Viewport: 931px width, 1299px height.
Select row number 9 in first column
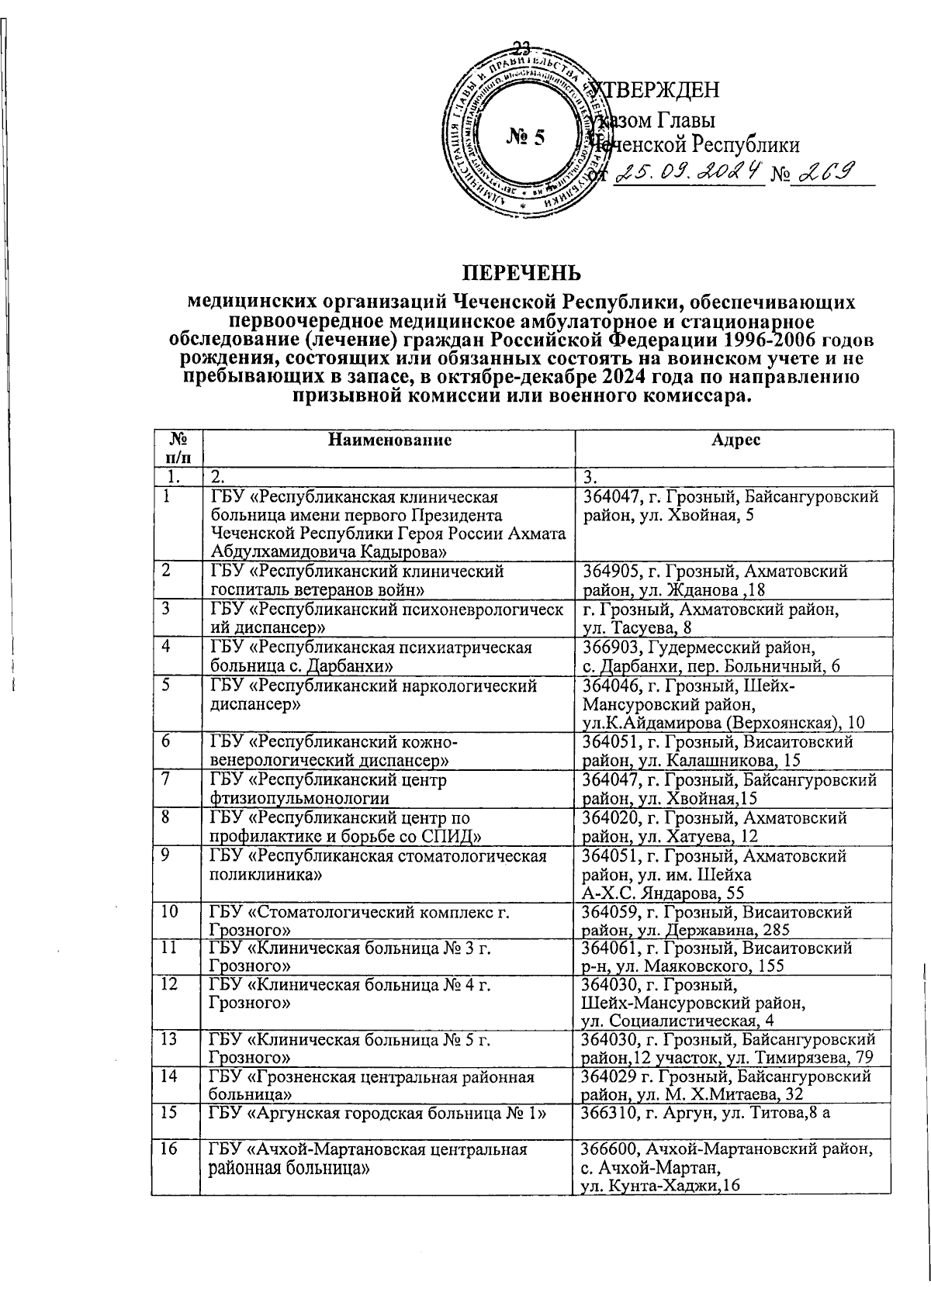tap(165, 855)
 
